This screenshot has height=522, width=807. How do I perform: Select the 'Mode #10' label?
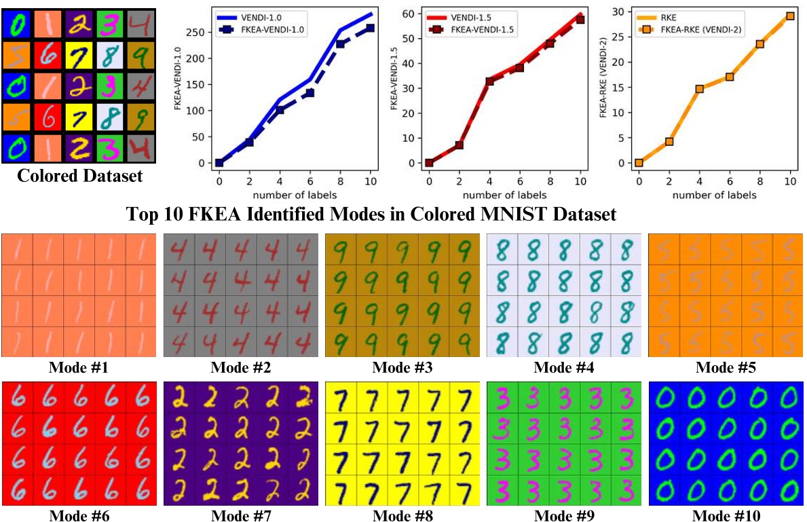(x=726, y=515)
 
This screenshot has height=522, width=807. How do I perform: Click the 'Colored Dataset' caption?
(x=79, y=176)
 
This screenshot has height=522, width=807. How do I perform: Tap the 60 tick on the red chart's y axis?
(x=409, y=14)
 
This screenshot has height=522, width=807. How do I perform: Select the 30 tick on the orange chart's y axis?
(x=619, y=12)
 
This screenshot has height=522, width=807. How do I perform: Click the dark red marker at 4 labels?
(x=489, y=81)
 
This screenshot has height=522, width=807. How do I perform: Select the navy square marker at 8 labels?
(x=340, y=44)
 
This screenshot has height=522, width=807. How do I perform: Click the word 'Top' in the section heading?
(x=142, y=215)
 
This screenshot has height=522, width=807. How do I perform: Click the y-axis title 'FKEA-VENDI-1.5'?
(x=393, y=88)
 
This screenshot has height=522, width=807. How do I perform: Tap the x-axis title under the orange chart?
(x=715, y=195)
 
